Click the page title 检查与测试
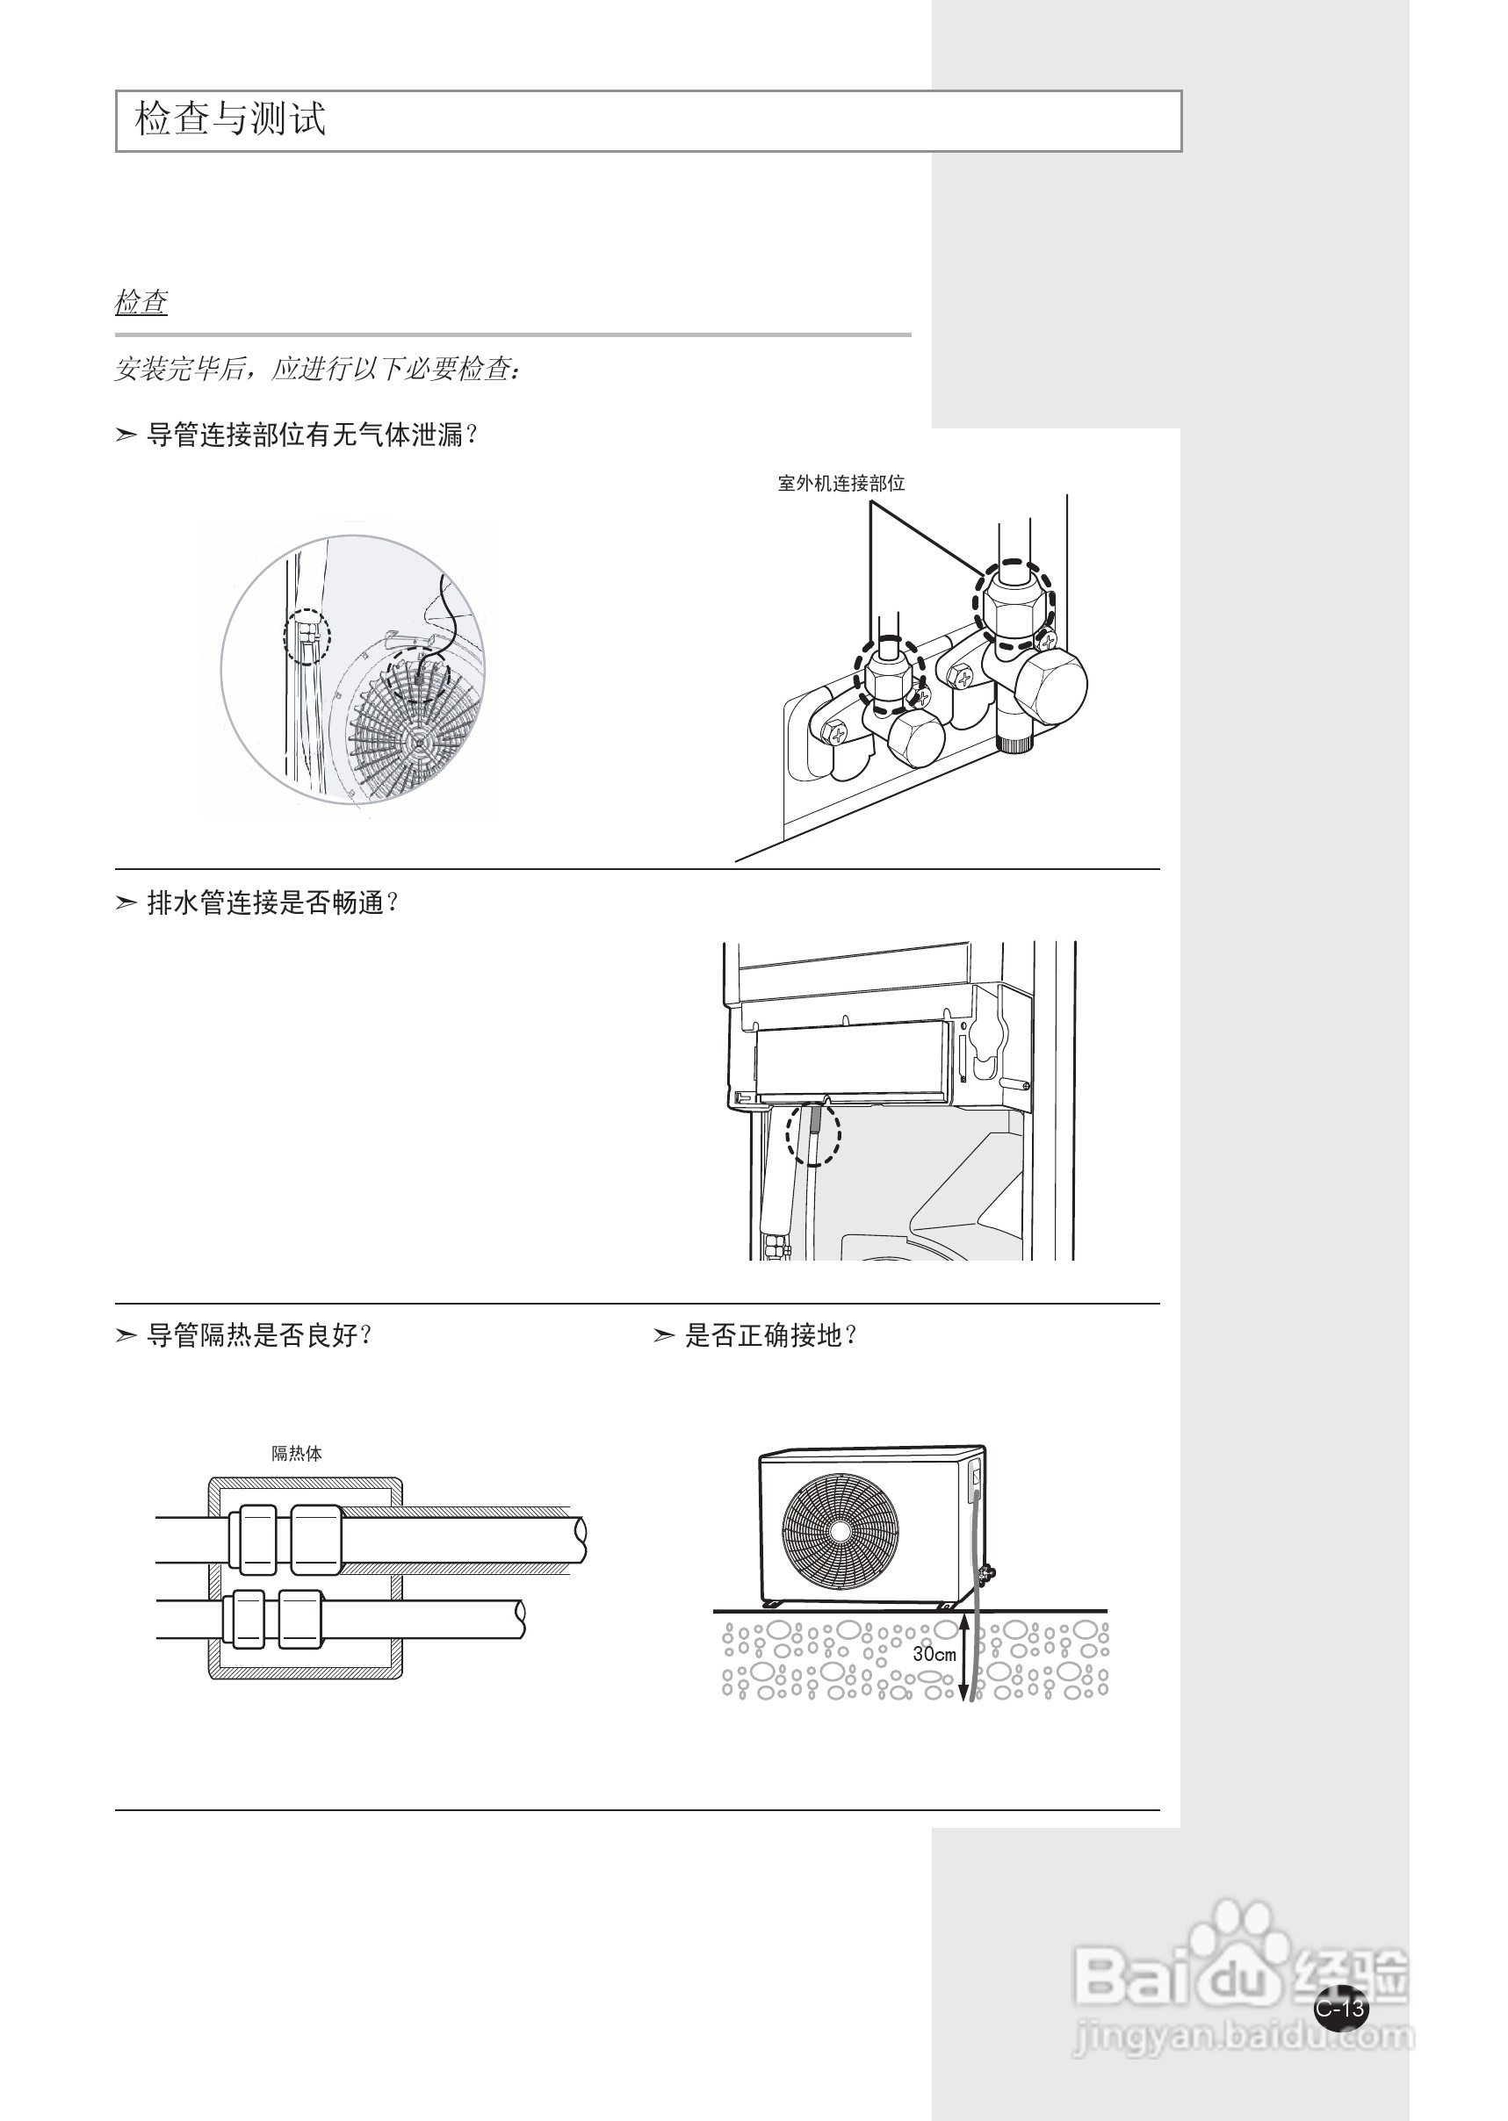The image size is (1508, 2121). point(230,119)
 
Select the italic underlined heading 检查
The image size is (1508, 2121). point(141,302)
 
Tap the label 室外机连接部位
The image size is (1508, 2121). point(841,483)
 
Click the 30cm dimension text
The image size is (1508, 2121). point(934,1653)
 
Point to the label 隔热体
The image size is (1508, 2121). point(296,1453)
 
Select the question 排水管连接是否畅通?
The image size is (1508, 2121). point(273,902)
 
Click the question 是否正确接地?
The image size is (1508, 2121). point(771,1335)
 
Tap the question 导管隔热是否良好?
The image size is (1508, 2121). point(260,1335)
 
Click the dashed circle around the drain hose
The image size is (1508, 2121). point(813,1132)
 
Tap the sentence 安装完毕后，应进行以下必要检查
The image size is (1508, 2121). point(315,370)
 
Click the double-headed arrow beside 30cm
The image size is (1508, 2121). point(963,1657)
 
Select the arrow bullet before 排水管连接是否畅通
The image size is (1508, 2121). point(126,902)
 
